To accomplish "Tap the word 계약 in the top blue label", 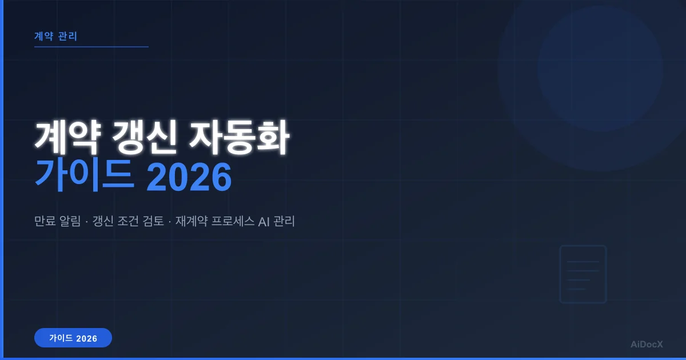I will pos(44,36).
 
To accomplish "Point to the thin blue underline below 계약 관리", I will pos(91,47).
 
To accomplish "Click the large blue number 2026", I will pos(189,178).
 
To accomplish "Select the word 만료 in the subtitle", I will pos(45,221).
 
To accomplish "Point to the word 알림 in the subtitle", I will pos(71,221).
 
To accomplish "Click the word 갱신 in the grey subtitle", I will pos(103,221).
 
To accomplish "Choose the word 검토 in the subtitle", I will pos(151,221).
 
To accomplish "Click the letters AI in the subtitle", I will pos(264,221).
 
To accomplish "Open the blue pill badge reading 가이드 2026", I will pos(73,338).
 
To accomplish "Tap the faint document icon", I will pos(583,274).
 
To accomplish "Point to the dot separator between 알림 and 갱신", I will pos(87,221).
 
